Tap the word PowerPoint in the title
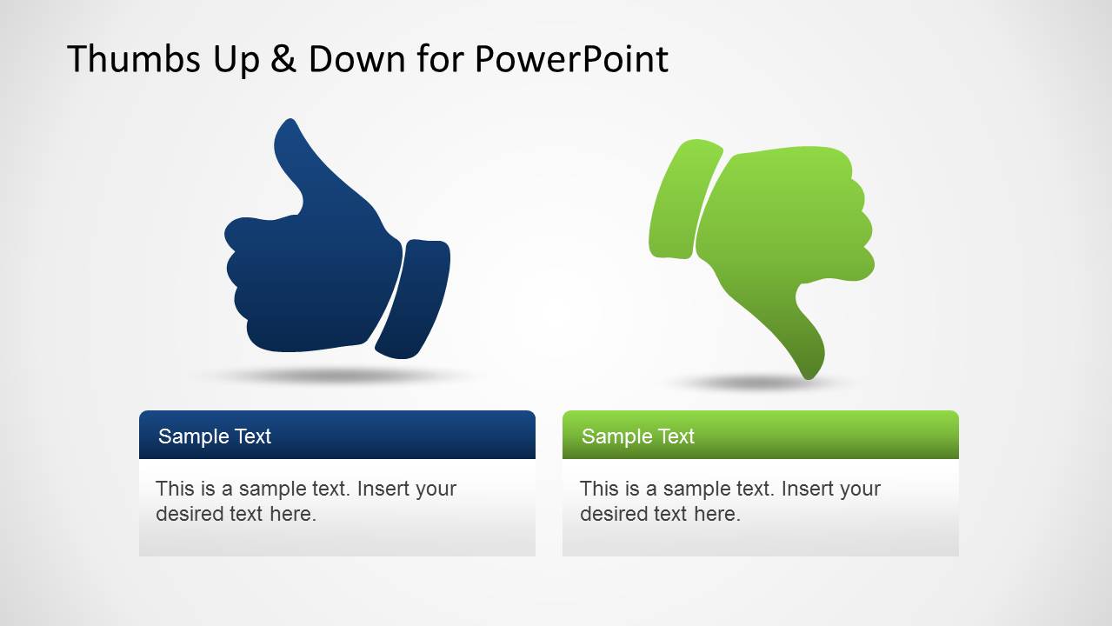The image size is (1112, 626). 571,59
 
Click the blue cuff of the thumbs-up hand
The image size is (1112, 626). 416,296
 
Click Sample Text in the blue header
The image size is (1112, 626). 215,436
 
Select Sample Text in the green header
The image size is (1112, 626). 638,436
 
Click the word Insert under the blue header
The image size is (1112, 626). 383,489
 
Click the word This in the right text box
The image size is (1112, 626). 598,489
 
